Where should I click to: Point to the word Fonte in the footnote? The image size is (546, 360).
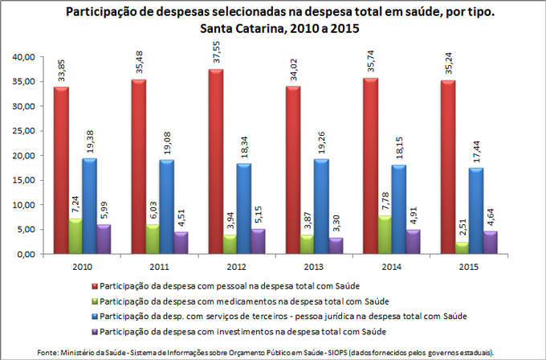click(x=50, y=352)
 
